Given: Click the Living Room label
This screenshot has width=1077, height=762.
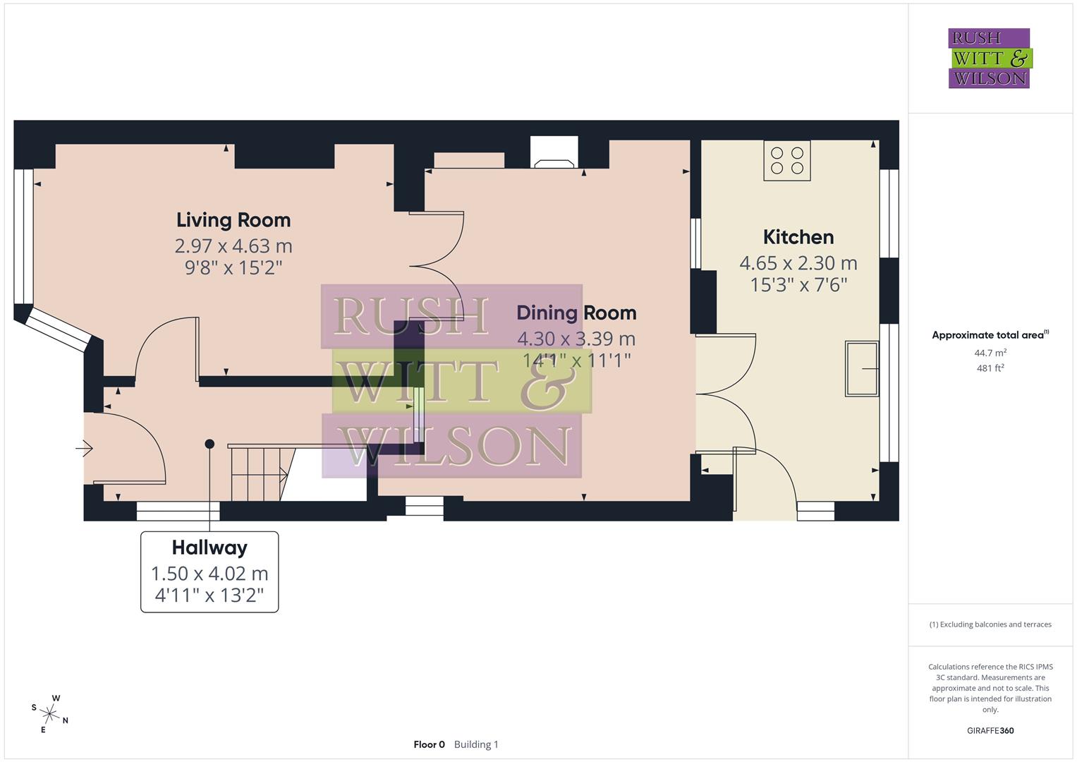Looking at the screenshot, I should click(x=233, y=220).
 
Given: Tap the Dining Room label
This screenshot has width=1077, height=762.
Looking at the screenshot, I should click(x=576, y=313).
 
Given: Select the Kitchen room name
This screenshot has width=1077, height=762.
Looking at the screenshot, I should click(x=798, y=237).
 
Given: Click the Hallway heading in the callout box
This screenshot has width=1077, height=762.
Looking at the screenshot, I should click(x=209, y=548).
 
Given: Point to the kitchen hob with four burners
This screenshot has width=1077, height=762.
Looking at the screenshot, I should click(x=786, y=160).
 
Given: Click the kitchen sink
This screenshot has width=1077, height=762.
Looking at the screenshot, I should click(x=862, y=368).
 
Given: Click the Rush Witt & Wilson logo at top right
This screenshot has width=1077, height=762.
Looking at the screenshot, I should click(x=990, y=59).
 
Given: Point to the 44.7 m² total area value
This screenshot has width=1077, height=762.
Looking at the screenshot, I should click(x=990, y=353).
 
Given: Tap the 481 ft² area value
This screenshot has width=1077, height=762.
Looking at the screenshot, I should click(x=990, y=368).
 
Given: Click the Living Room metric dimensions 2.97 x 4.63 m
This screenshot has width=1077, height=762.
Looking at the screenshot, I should click(x=233, y=246).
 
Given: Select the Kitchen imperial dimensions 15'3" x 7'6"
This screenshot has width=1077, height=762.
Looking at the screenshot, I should click(x=798, y=285).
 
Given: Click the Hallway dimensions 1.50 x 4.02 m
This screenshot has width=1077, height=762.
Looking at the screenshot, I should click(x=209, y=574).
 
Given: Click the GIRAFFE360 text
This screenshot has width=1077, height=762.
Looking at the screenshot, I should click(x=990, y=731).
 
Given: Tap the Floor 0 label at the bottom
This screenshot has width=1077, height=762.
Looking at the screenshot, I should click(x=429, y=744).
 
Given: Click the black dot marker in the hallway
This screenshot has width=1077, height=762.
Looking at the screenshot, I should click(x=209, y=444).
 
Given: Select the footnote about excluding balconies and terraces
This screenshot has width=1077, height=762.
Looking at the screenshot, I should click(x=990, y=624).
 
